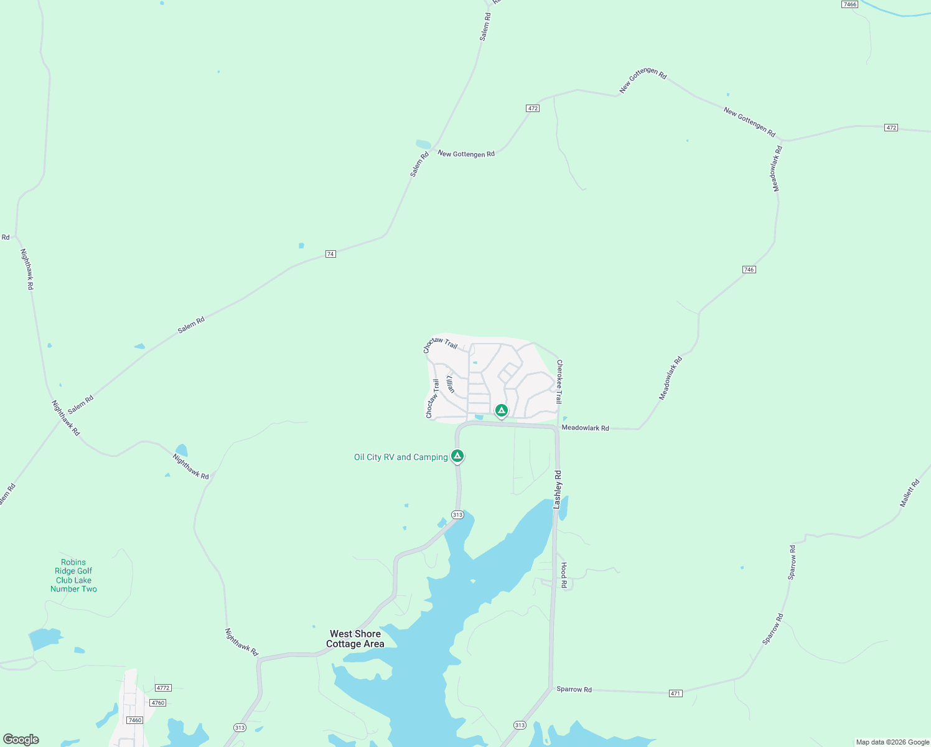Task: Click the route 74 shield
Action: click(x=330, y=254)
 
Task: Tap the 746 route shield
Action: click(x=749, y=270)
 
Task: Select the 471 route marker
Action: click(x=675, y=693)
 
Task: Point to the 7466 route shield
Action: click(x=849, y=4)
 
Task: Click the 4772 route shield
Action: click(x=163, y=688)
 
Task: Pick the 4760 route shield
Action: click(x=158, y=703)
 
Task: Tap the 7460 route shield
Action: click(x=134, y=720)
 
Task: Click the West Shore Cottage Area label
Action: click(x=355, y=639)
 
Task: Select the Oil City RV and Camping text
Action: click(x=401, y=458)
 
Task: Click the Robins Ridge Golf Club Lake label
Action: click(x=73, y=576)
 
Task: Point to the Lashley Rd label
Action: click(x=558, y=490)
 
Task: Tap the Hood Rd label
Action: click(x=564, y=575)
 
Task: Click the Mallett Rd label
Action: click(x=910, y=493)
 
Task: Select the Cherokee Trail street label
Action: click(x=559, y=381)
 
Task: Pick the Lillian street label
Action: click(x=451, y=383)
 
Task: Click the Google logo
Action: click(x=21, y=740)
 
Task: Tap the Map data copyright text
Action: click(x=892, y=742)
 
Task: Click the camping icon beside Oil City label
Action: click(x=457, y=456)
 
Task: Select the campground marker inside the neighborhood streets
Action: click(x=501, y=410)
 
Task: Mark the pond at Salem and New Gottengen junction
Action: click(x=423, y=144)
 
